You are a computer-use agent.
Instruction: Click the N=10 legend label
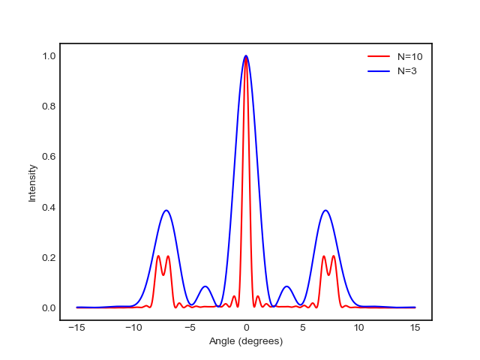coord(410,57)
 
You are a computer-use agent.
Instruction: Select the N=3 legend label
coord(407,71)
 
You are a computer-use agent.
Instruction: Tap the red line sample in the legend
coord(379,56)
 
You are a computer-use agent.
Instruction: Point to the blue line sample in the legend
coord(379,71)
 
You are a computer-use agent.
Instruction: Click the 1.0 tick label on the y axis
coord(49,56)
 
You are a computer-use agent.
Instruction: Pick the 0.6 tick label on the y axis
coord(49,157)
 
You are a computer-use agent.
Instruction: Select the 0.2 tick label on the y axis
coord(49,258)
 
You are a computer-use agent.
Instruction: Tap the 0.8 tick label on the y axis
coord(49,106)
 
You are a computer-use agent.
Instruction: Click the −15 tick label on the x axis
coord(76,328)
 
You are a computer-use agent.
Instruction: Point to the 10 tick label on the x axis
coord(358,328)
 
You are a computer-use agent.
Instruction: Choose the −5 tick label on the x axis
coord(190,328)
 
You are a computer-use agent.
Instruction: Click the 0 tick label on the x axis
coord(246,328)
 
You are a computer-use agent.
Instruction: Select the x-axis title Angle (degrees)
coord(246,341)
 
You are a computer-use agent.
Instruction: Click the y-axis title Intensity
coord(32,183)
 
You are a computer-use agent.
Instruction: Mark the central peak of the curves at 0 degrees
coord(246,56)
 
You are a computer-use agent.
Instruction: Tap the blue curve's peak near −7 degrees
coord(166,210)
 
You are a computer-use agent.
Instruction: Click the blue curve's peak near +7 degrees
coord(325,210)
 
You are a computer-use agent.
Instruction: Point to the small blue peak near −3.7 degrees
coord(205,286)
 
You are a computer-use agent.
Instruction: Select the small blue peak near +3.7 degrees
coord(286,286)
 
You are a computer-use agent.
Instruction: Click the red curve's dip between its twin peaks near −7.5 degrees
coord(163,275)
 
